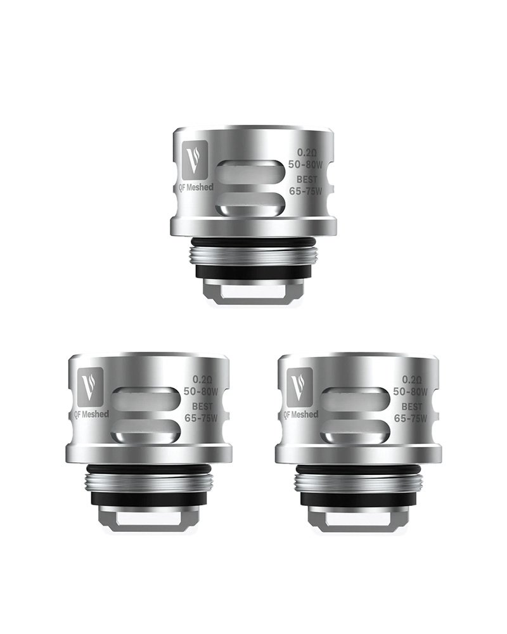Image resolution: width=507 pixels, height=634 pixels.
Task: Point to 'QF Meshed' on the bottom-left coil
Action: [91, 414]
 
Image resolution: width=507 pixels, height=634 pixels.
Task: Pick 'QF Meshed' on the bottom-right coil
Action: [301, 414]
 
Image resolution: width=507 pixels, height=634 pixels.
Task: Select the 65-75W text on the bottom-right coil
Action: [410, 418]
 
